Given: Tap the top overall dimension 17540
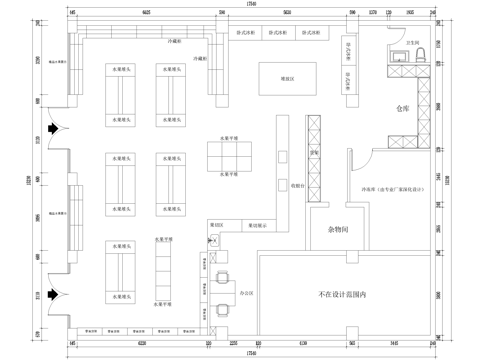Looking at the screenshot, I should (x=248, y=6).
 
